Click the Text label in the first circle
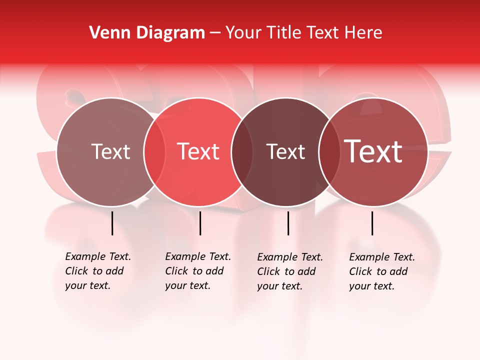click(x=110, y=151)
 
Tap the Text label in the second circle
click(x=198, y=151)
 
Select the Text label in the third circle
click(x=285, y=151)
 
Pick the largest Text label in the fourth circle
click(x=373, y=151)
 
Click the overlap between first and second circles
click(x=154, y=152)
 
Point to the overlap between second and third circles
click(x=242, y=152)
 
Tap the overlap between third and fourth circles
click(x=329, y=152)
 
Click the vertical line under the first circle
click(x=112, y=223)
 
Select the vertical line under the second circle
click(x=200, y=223)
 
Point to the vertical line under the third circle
click(x=288, y=223)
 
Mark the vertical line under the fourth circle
click(x=372, y=223)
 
